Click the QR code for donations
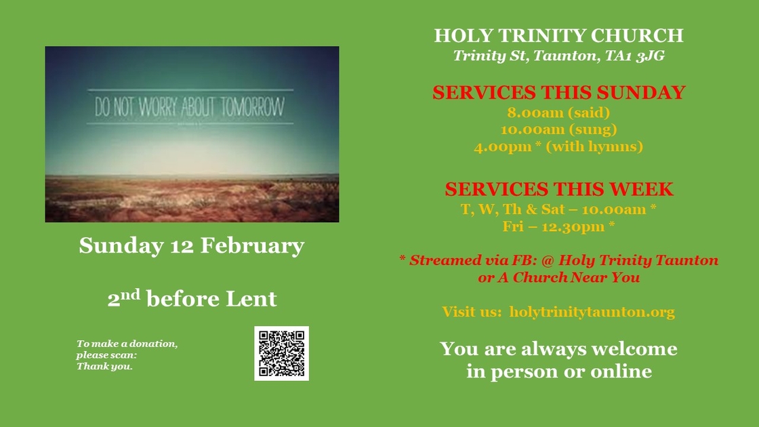(281, 353)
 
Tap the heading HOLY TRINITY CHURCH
(558, 35)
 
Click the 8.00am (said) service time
(558, 112)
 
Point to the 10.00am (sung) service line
(558, 129)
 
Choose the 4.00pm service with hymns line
(558, 146)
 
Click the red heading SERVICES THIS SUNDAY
(558, 92)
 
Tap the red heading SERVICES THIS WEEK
(558, 189)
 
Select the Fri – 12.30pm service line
(558, 226)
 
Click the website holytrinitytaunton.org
(592, 312)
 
